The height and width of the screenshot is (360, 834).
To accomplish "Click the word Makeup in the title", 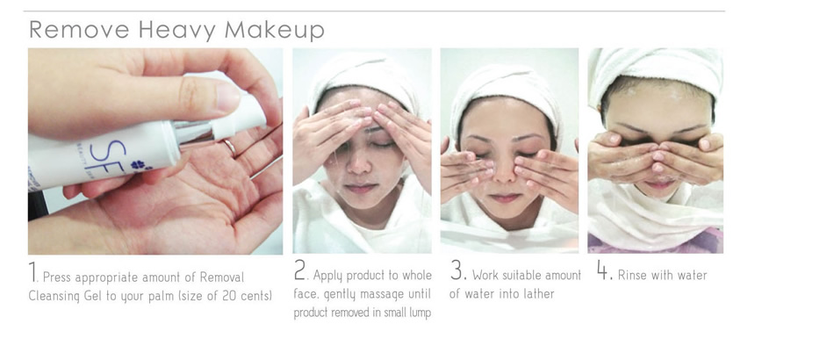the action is point(275,31).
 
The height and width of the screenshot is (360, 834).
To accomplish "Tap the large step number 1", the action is point(32,271).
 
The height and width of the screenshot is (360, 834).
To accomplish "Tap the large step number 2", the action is point(300,270).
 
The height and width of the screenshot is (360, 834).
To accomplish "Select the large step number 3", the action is point(457,270).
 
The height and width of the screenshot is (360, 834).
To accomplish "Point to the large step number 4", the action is point(602,270).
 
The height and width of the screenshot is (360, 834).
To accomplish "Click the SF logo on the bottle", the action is point(105,155).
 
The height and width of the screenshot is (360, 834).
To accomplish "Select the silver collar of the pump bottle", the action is point(192,133).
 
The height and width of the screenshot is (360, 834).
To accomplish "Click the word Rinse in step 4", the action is point(632,276).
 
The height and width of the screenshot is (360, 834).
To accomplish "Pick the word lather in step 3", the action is point(538,293).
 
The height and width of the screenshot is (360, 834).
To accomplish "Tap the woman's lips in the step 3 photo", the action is point(504,198).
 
